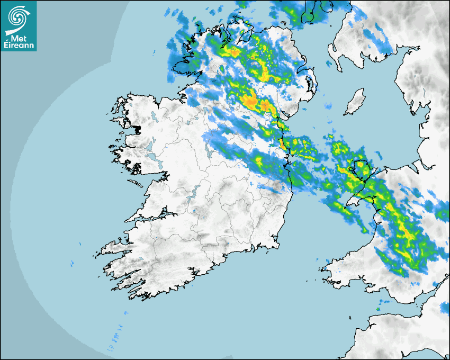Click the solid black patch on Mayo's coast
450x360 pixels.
tap(138, 129)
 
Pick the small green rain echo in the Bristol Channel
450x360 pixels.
tap(378, 309)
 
